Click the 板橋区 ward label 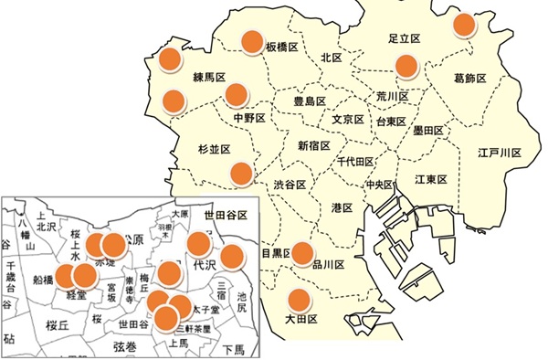283,47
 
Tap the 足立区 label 403,39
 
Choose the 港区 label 343,207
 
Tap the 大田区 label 300,319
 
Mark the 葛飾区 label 471,79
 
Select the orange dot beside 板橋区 251,41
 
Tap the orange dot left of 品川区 301,256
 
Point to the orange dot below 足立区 406,66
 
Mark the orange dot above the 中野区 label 237,94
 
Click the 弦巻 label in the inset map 123,347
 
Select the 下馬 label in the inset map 233,350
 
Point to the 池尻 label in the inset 240,304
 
